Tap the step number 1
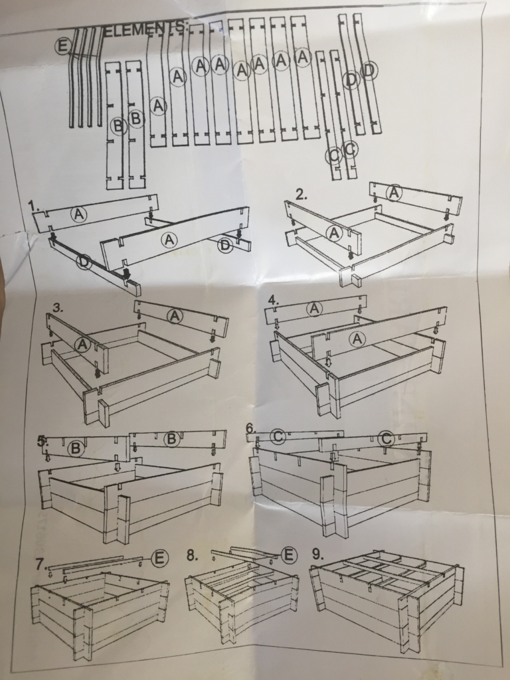coord(33,205)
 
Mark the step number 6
coord(250,428)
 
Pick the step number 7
coord(41,564)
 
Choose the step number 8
coord(193,556)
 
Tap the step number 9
coord(318,554)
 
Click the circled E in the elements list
coord(63,46)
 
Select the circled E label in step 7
coord(159,558)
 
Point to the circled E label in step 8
coord(289,554)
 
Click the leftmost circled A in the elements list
coord(159,106)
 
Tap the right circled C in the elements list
coord(351,149)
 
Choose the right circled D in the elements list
coord(369,70)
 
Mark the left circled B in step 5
coord(76,448)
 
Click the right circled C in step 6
coord(386,439)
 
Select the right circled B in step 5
coord(172,439)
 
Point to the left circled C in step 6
coord(278,436)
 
